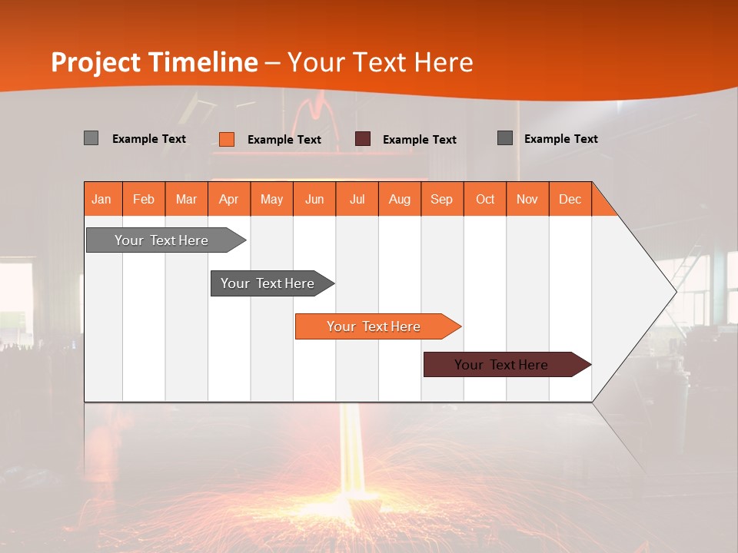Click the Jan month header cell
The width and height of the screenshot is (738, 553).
click(x=102, y=199)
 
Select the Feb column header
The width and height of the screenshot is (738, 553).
click(x=144, y=199)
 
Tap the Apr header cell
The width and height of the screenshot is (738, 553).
click(x=229, y=199)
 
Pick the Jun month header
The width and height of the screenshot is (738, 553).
click(x=314, y=199)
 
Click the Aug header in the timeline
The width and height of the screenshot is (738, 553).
click(x=400, y=199)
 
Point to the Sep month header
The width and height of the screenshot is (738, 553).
click(x=442, y=199)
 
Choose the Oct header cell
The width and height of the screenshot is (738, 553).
click(x=485, y=199)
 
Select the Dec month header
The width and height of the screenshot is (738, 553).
click(x=570, y=199)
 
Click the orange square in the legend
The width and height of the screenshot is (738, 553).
click(x=227, y=139)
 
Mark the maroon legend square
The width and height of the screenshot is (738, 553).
click(x=363, y=139)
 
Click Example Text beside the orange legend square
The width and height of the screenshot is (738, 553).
click(x=284, y=139)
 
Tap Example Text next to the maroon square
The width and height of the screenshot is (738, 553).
click(x=420, y=139)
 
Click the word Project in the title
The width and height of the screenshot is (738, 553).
click(x=95, y=62)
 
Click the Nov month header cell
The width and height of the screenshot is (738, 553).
click(x=527, y=199)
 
